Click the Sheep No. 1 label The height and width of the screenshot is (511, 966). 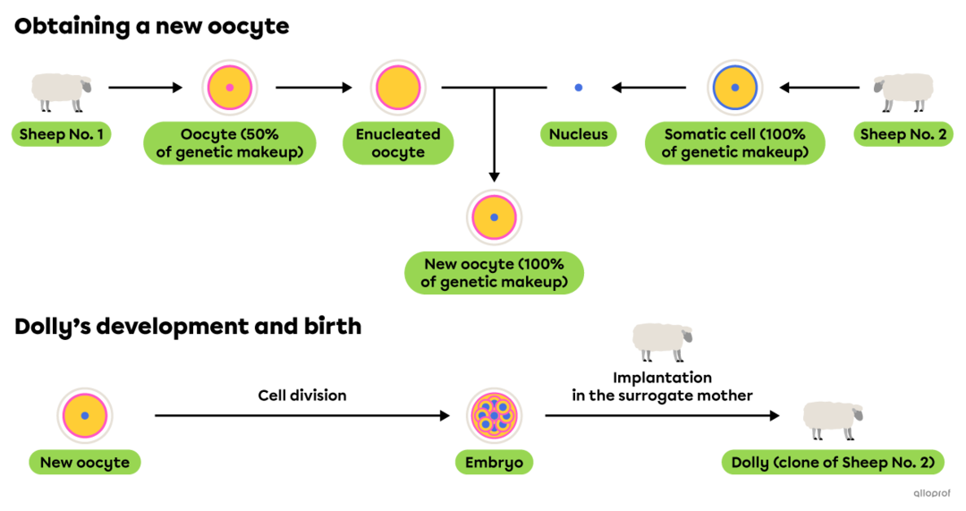[61, 135]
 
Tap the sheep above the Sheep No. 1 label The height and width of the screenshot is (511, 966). [60, 90]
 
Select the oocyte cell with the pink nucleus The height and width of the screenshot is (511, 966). [230, 88]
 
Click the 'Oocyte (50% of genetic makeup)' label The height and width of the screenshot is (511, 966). [230, 144]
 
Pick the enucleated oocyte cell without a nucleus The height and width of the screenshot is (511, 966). [398, 88]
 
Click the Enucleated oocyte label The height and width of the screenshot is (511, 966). [398, 144]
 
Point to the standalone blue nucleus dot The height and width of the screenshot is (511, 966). [579, 88]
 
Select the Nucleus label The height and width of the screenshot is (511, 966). [579, 135]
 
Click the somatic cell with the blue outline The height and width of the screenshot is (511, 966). [734, 88]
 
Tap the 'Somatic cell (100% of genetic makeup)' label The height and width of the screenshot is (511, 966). [734, 144]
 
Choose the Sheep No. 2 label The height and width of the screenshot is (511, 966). [903, 135]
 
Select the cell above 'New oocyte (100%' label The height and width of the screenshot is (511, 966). [494, 217]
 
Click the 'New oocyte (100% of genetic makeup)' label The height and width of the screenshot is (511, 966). [494, 273]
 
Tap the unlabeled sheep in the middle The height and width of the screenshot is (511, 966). [661, 340]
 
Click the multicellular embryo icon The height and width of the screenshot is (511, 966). [494, 416]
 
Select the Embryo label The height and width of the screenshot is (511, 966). [494, 463]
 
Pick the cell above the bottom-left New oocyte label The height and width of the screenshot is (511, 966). [85, 416]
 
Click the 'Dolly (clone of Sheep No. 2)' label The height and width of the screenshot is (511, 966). [833, 463]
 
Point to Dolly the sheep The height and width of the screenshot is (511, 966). [832, 418]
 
